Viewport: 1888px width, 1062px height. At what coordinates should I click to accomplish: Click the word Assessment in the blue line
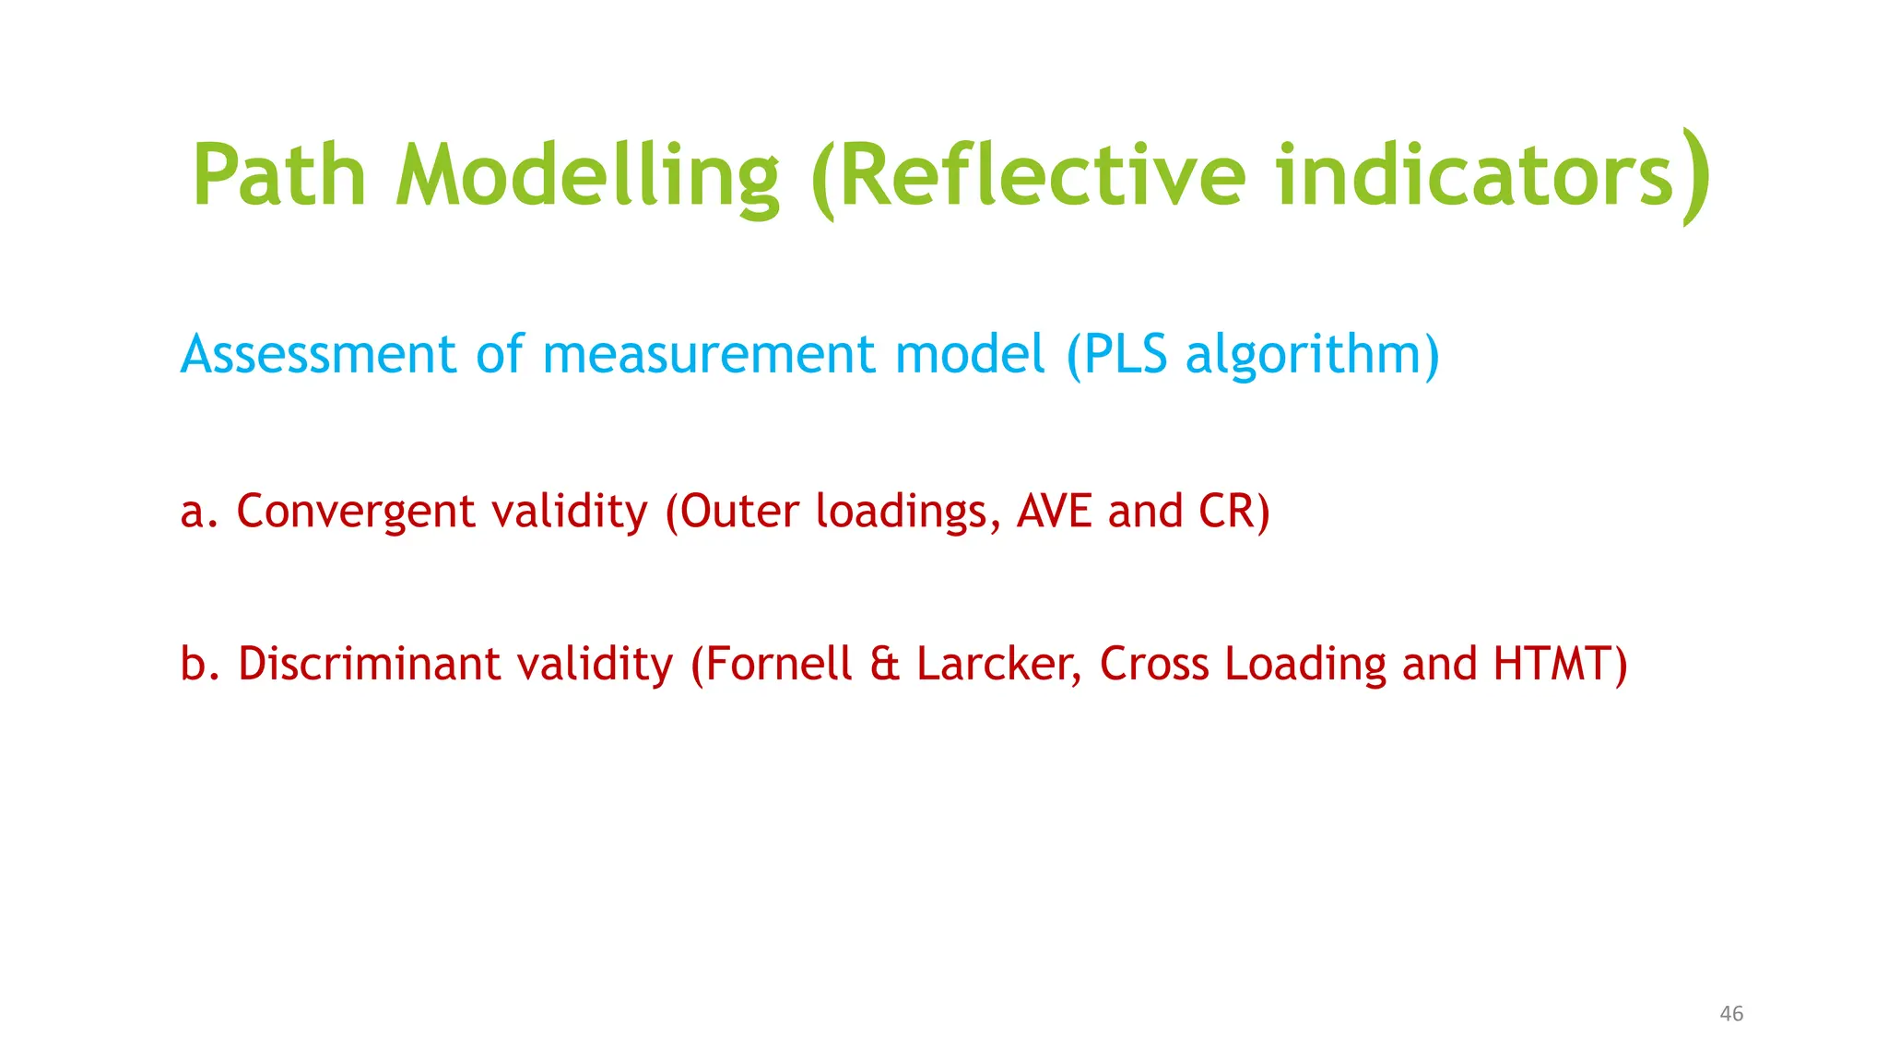coord(318,354)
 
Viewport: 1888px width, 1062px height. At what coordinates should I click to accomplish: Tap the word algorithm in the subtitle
coord(1302,356)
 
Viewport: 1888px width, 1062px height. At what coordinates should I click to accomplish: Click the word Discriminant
coord(369,664)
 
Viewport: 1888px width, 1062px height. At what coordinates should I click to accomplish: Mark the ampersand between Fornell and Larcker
coord(884,664)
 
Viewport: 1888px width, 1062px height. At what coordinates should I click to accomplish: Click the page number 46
coord(1731,1014)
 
